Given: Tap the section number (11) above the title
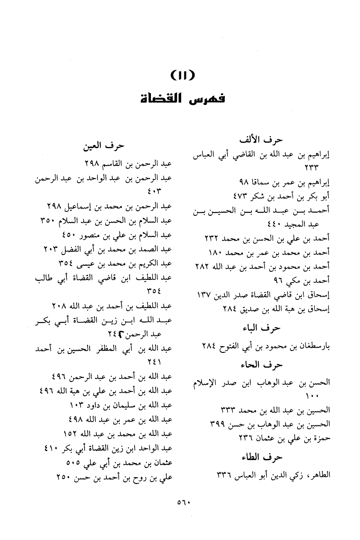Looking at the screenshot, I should [x=180, y=74].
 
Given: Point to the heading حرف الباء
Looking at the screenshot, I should [x=265, y=328].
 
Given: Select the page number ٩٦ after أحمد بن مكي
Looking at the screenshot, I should [x=279, y=281].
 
